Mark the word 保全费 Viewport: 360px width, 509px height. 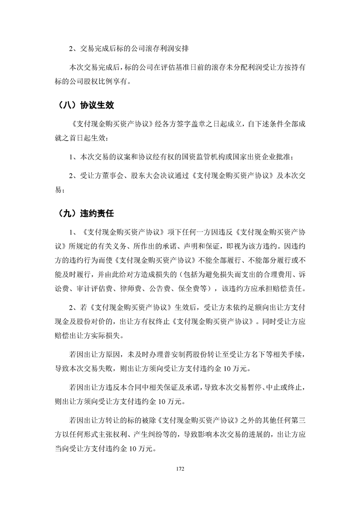(196, 288)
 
